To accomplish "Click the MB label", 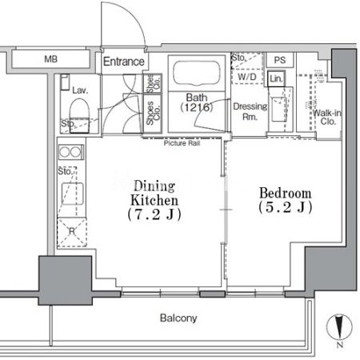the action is [x=50, y=58].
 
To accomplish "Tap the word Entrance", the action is [x=124, y=62].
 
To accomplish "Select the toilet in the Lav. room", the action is [x=79, y=114].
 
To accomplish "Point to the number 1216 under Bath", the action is [x=197, y=107].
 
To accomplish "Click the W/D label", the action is [x=247, y=77].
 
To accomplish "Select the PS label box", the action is [x=280, y=60].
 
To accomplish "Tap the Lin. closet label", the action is [x=276, y=78].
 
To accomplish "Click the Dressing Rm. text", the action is [x=250, y=111].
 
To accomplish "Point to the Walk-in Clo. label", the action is [x=327, y=117].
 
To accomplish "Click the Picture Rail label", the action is [x=182, y=143].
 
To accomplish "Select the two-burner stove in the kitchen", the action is [x=71, y=152].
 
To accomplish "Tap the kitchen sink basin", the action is [x=73, y=194].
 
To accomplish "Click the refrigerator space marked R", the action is [x=72, y=232].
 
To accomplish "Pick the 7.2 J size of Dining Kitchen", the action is [x=154, y=214].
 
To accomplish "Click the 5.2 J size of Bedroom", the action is [x=285, y=207].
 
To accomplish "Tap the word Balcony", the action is [x=178, y=318].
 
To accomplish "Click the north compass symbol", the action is [x=339, y=327].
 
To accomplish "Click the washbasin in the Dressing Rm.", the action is [x=278, y=110].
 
